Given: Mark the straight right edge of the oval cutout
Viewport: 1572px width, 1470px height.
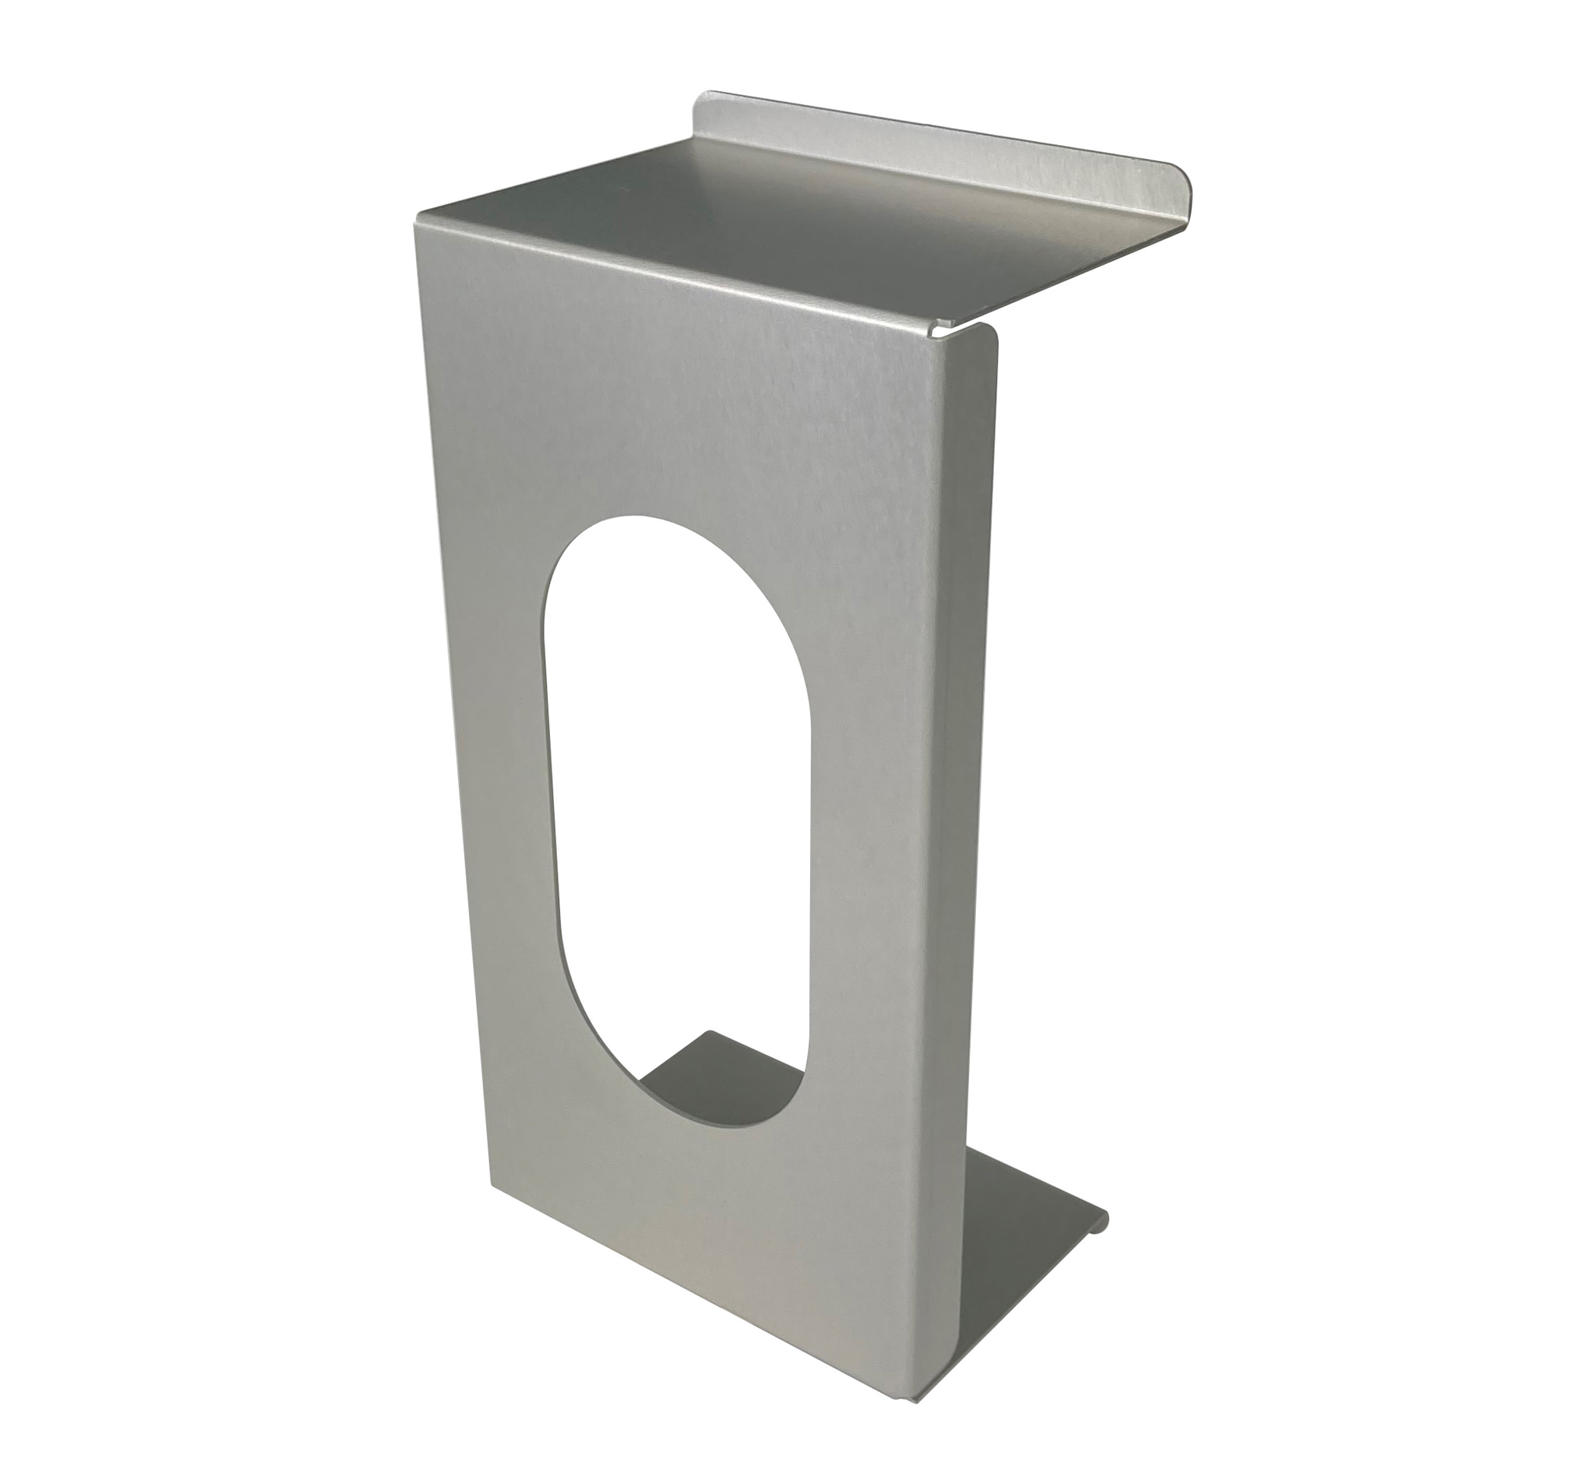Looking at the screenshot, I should [x=808, y=870].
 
